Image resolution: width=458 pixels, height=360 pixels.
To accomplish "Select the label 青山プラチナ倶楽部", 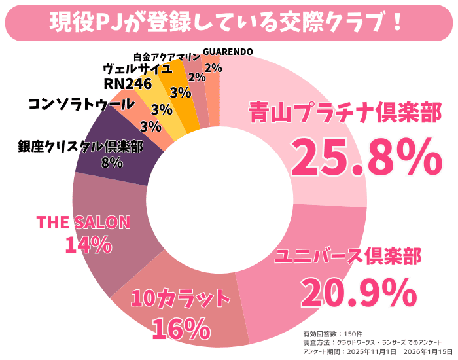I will (345, 113).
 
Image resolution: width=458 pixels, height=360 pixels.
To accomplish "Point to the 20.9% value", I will (359, 292).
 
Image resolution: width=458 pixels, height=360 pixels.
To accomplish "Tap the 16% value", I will (180, 327).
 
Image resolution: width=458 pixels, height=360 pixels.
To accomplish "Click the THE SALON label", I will (83, 222).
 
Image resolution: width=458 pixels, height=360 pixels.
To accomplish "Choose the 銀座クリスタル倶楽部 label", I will (80, 146).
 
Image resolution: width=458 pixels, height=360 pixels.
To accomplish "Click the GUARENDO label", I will (228, 52).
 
